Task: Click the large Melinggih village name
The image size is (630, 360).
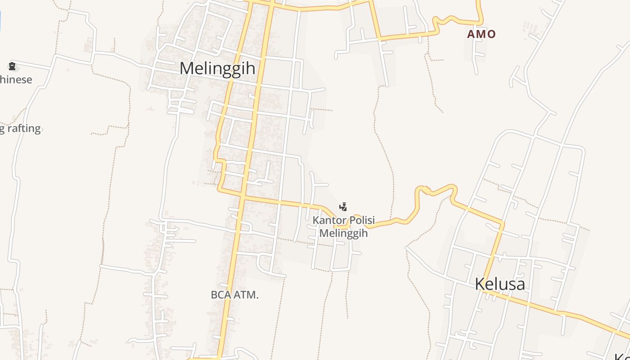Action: [217, 68]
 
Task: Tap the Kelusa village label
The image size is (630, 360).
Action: [500, 284]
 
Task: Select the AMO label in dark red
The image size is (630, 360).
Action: [481, 34]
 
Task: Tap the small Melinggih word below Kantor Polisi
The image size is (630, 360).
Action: [343, 233]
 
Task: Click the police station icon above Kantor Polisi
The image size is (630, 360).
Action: [343, 207]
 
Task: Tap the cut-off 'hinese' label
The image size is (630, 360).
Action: [16, 80]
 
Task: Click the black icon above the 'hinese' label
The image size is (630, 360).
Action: [12, 67]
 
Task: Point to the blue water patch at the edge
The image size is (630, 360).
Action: [0, 20]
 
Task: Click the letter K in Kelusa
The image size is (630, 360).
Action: [480, 284]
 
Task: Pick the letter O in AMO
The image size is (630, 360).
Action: [491, 34]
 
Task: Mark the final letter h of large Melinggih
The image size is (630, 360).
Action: [251, 68]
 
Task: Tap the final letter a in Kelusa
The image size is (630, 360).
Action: [520, 285]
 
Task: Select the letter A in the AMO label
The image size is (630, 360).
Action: [471, 34]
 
